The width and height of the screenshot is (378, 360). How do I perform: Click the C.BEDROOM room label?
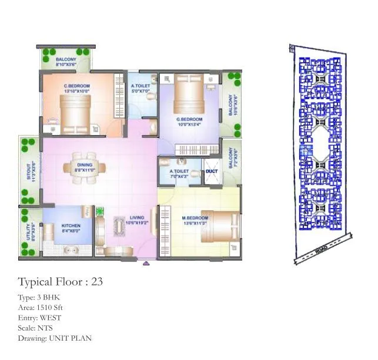[x=76, y=86]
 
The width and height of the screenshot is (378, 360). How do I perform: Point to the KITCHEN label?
[x=71, y=226]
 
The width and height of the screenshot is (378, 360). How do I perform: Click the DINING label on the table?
[x=85, y=166]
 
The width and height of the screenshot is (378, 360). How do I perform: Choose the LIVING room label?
[x=136, y=218]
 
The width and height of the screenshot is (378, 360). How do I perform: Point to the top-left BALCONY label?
[x=66, y=60]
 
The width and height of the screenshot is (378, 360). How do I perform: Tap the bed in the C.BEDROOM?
[x=75, y=113]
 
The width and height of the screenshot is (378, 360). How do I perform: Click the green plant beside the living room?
[x=99, y=210]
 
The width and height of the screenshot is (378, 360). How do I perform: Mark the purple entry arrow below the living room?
[x=146, y=264]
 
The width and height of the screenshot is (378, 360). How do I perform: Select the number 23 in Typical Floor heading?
[x=97, y=282]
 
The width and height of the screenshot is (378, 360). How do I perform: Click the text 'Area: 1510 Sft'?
[x=41, y=308]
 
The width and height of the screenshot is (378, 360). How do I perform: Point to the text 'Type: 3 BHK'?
[x=39, y=298]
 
